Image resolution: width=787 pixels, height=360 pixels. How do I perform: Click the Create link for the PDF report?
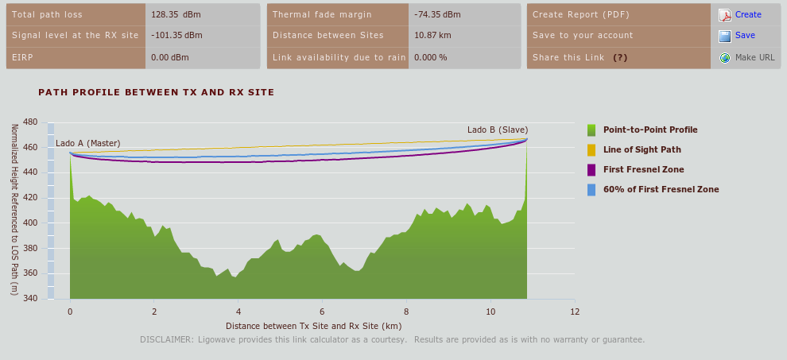(748, 14)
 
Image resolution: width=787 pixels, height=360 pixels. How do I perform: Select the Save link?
(745, 35)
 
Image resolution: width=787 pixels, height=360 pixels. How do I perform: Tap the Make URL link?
(754, 57)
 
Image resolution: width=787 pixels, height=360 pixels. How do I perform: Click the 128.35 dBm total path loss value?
(173, 14)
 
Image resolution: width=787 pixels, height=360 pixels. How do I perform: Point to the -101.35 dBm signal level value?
(176, 35)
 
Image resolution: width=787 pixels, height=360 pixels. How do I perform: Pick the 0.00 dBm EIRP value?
(169, 57)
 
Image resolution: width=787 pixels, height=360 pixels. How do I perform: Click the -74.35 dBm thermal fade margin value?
(437, 14)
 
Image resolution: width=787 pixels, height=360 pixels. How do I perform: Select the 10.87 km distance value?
(432, 35)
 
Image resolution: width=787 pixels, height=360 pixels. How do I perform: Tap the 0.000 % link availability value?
(431, 57)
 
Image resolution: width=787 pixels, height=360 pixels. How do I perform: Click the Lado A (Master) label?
(87, 143)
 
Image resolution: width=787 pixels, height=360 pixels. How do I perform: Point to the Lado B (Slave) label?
(498, 130)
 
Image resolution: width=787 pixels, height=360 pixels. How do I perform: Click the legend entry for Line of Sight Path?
(642, 149)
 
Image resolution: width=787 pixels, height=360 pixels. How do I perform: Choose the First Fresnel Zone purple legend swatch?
(591, 169)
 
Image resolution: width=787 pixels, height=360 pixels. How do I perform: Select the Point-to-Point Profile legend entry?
(649, 130)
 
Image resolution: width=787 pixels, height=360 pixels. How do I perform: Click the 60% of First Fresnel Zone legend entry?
(661, 189)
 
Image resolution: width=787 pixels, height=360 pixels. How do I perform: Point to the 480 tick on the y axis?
(31, 122)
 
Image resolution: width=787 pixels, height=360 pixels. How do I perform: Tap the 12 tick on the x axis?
(574, 312)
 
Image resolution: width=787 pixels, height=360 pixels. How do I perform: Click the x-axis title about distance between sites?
(313, 326)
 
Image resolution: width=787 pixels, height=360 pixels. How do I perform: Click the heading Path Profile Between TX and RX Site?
(157, 92)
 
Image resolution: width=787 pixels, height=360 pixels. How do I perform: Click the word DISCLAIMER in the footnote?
(166, 339)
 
